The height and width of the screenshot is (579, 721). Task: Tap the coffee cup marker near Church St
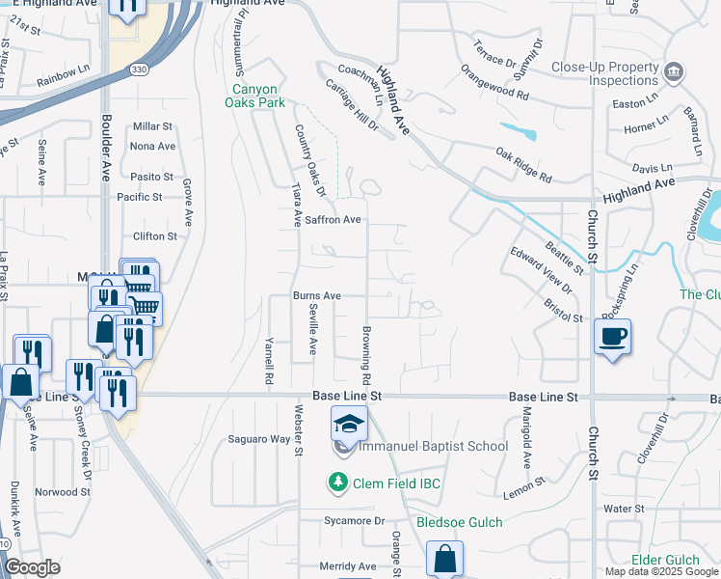tap(612, 337)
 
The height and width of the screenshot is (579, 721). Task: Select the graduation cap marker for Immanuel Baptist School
tap(350, 423)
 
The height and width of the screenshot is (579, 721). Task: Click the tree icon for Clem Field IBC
tap(337, 482)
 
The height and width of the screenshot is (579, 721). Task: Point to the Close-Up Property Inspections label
tap(604, 74)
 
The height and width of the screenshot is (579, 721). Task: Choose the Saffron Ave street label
tap(333, 220)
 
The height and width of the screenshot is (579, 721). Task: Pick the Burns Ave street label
tap(317, 295)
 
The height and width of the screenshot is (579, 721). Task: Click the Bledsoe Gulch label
tap(460, 522)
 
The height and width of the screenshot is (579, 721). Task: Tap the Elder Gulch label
tap(664, 560)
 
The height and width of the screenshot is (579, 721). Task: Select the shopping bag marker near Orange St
tap(444, 558)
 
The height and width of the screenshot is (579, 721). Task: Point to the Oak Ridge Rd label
tap(523, 165)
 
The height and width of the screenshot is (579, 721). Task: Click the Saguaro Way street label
tap(258, 439)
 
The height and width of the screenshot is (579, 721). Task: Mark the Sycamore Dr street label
tap(354, 521)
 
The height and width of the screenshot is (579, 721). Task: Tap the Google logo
tap(33, 567)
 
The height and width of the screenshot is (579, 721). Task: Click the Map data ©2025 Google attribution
tap(660, 571)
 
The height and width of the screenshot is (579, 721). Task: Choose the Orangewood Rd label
tap(494, 83)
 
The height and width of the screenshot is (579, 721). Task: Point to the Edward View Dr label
tap(542, 273)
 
